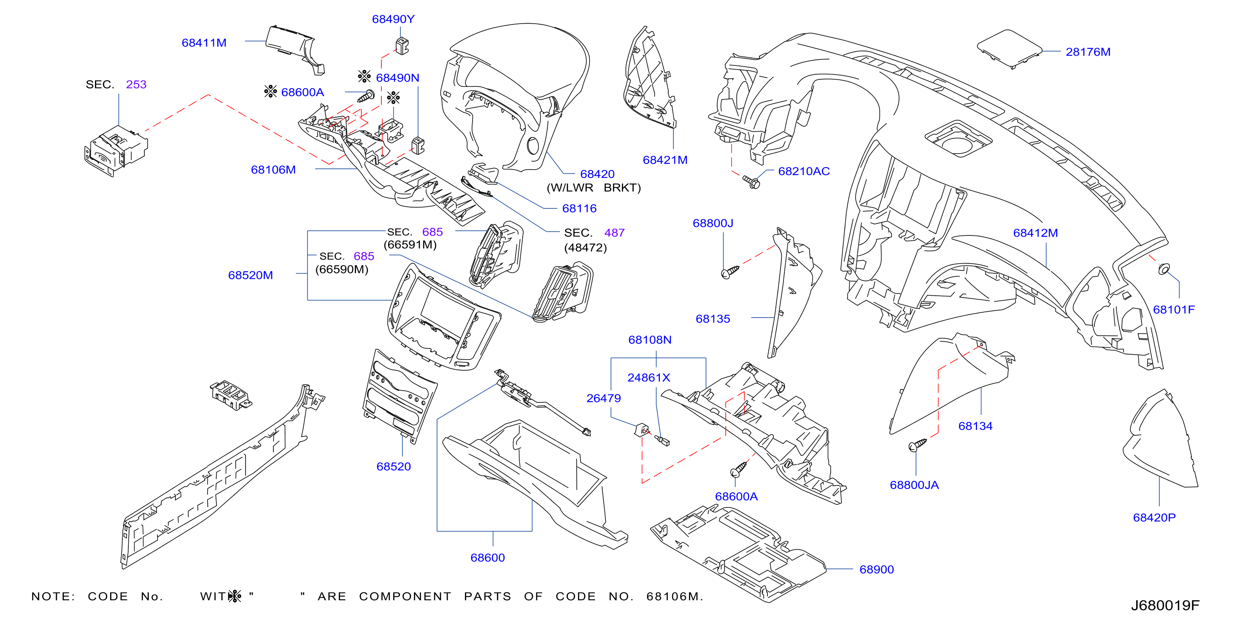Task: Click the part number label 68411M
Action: click(204, 43)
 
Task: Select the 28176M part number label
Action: click(1088, 52)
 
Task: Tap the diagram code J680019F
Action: click(1165, 605)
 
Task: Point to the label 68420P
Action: click(1154, 518)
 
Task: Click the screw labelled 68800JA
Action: click(917, 444)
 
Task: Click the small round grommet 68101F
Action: click(1164, 269)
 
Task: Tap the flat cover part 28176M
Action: click(1009, 49)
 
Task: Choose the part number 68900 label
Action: click(876, 569)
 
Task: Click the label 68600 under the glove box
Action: click(487, 558)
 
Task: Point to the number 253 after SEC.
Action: click(136, 84)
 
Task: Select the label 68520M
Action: click(251, 275)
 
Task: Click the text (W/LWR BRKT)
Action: click(594, 188)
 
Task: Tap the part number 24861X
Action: click(649, 378)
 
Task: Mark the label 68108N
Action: click(650, 340)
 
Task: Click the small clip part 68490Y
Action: click(402, 46)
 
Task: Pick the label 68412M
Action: click(1035, 233)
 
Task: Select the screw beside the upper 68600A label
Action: click(366, 96)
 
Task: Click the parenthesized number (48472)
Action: click(585, 248)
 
